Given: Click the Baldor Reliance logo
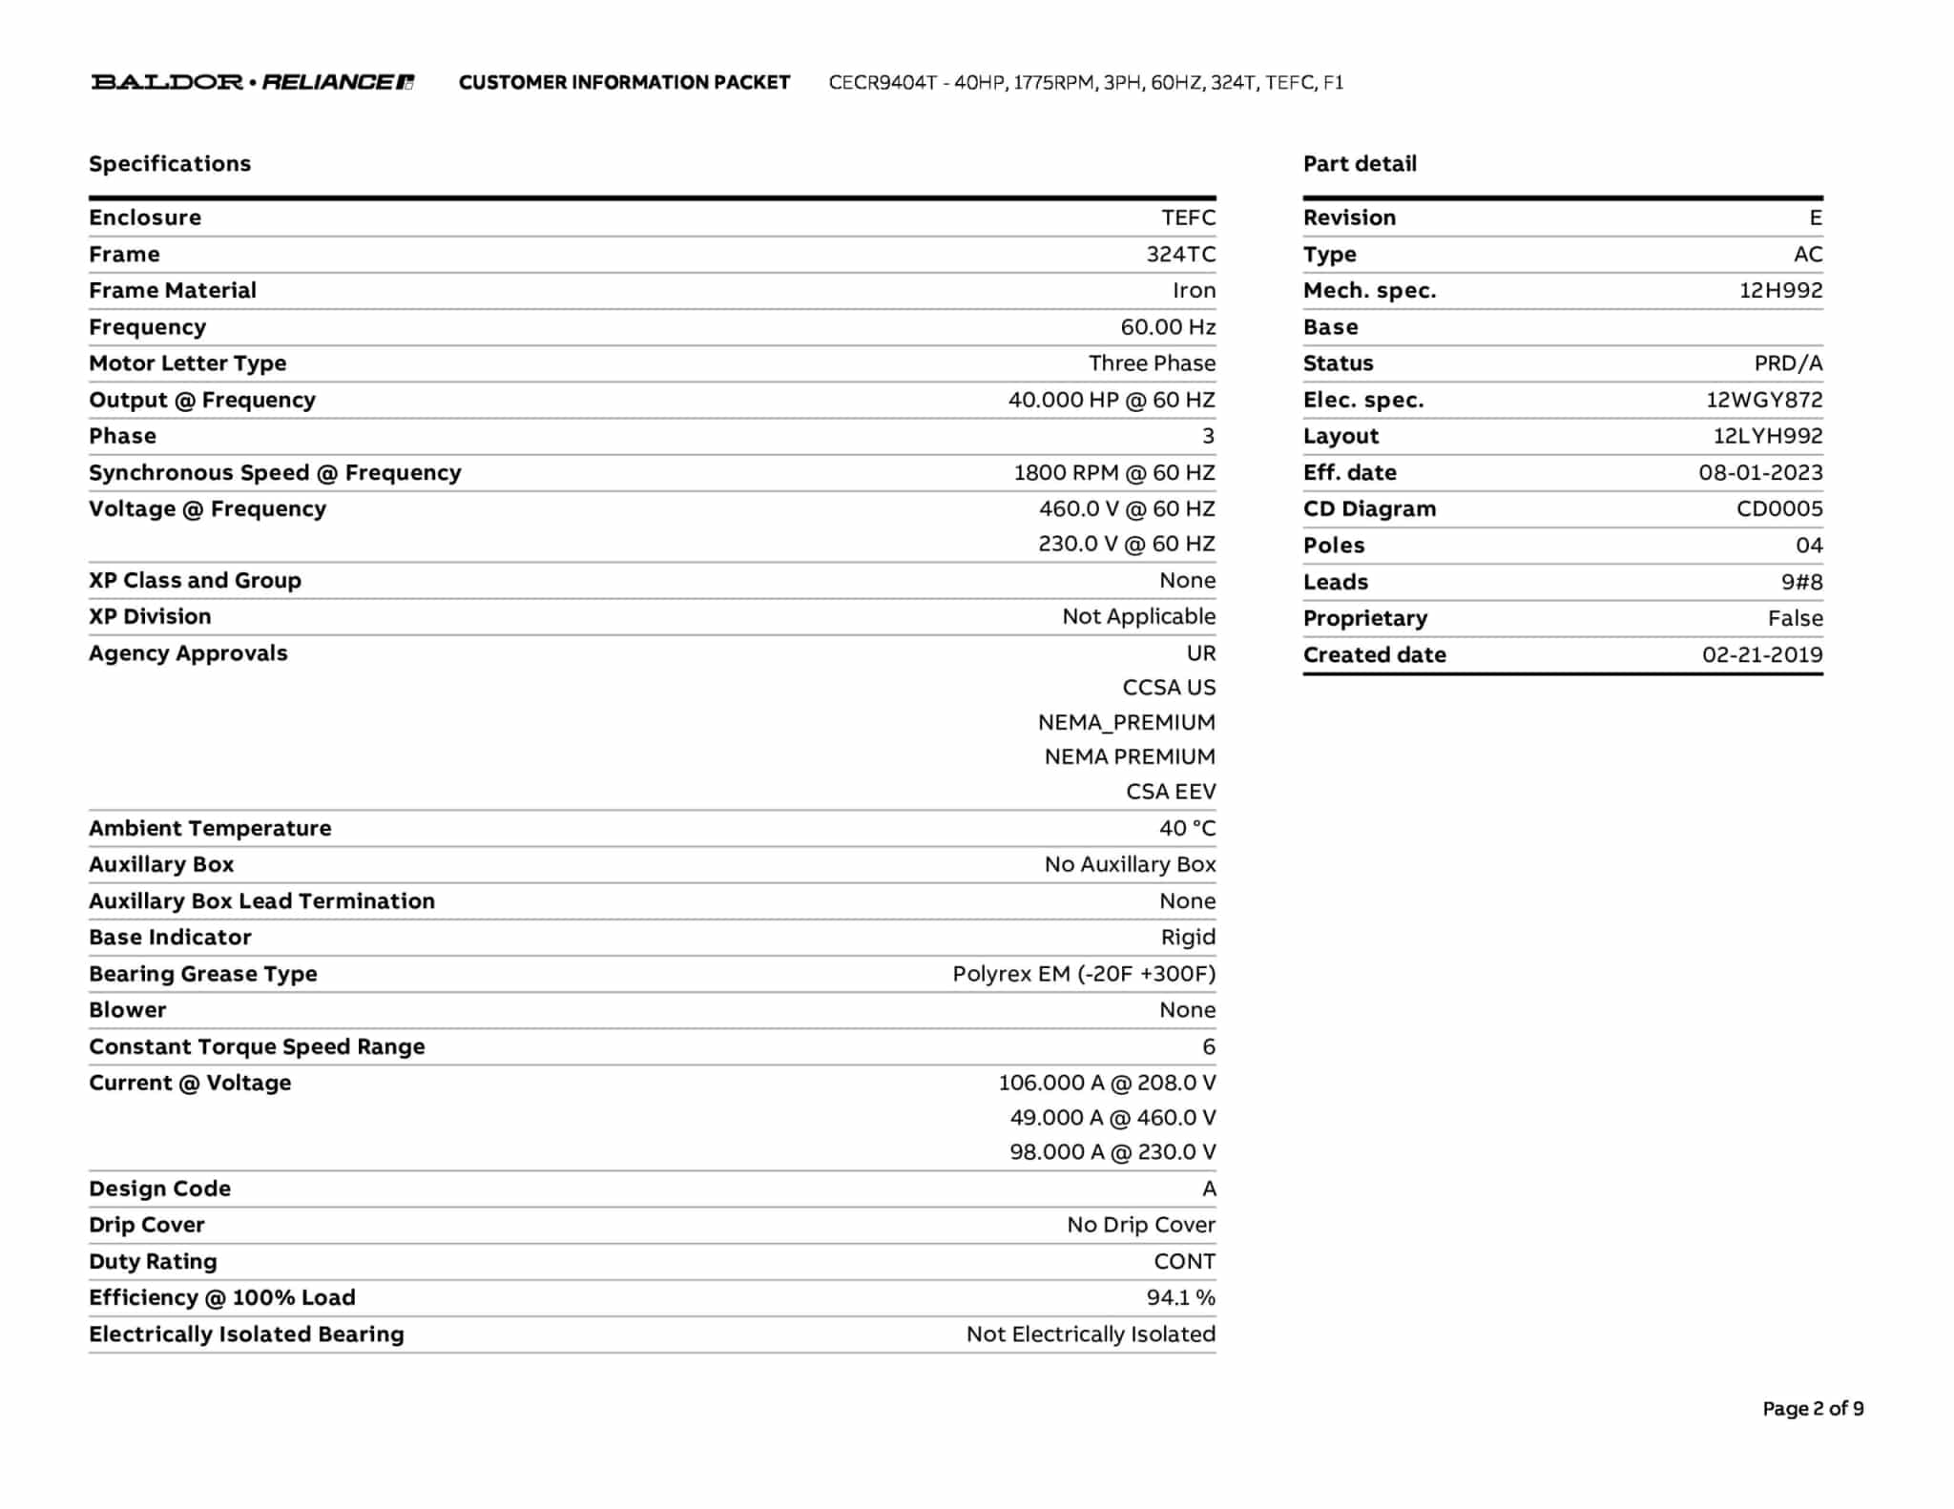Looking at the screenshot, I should coord(252,82).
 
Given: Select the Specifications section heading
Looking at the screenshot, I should coord(170,164).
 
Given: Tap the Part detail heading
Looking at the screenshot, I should coord(1360,164).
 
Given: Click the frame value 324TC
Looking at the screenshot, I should coord(1180,255).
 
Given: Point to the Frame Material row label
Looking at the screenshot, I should coord(173,291).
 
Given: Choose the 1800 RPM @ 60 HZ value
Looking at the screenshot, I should coord(1113,473).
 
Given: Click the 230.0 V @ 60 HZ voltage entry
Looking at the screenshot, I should coord(1126,544).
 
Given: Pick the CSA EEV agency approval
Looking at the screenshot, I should coord(1170,792).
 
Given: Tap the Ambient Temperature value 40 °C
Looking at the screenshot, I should coord(1187,828).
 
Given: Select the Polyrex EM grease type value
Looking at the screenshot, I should coord(1083,974).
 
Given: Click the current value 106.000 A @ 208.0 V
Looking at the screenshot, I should coord(1107,1083).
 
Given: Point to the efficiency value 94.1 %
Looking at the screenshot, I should coord(1180,1297).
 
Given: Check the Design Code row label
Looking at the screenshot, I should coord(159,1189).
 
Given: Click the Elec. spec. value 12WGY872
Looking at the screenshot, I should coord(1763,401).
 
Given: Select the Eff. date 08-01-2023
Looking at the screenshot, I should coord(1759,473).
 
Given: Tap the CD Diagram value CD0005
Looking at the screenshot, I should coord(1778,509).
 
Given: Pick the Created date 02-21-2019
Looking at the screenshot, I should coord(1761,655).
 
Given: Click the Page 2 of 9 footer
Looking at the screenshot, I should coord(1812,1409).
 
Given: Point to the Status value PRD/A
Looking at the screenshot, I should coord(1787,363).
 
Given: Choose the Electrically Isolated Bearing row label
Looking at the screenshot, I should coord(246,1334).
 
